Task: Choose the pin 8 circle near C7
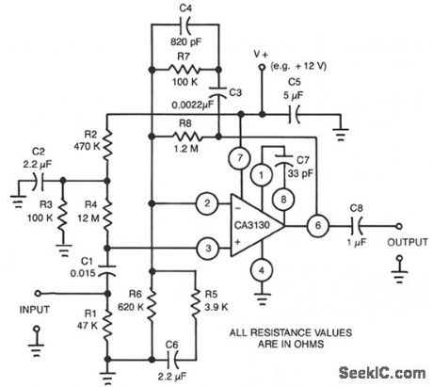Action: [281, 198]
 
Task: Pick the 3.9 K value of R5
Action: [215, 305]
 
